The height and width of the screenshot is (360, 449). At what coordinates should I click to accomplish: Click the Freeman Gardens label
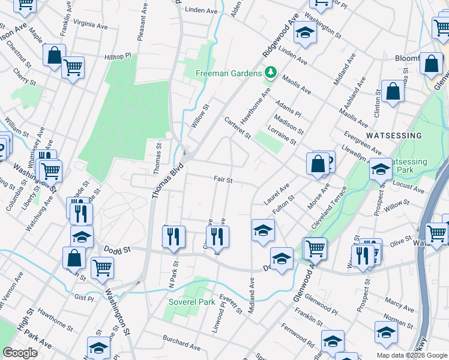229,74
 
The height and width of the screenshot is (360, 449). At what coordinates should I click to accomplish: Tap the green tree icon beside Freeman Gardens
271,73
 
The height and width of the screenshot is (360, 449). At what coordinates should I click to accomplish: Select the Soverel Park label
191,302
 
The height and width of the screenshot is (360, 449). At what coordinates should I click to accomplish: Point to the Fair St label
223,179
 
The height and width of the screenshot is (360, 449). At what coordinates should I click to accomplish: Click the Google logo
20,353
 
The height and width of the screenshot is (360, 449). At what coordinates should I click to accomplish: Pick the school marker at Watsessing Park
380,170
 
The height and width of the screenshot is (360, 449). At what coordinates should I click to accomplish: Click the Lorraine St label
284,136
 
